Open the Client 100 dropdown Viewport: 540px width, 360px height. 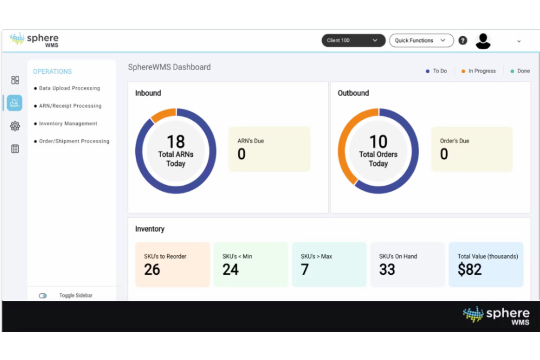[353, 40]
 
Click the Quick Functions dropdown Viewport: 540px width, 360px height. [421, 40]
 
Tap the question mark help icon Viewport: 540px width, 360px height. [463, 40]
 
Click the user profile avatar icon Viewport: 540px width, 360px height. [483, 41]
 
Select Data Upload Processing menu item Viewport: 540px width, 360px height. [69, 88]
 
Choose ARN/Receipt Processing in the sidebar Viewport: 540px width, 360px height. [70, 106]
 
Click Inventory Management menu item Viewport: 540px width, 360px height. [68, 124]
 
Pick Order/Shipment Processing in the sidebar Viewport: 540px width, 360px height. [74, 141]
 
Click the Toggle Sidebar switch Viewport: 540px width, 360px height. [43, 295]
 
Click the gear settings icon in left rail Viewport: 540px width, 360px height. [15, 126]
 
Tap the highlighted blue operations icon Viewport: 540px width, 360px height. [15, 103]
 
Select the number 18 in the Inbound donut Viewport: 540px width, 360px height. [175, 142]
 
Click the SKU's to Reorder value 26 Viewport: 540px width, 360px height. [152, 270]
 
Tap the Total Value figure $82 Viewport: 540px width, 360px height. [470, 270]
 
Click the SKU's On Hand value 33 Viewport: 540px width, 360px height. [387, 270]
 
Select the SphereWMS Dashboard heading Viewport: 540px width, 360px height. [169, 67]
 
